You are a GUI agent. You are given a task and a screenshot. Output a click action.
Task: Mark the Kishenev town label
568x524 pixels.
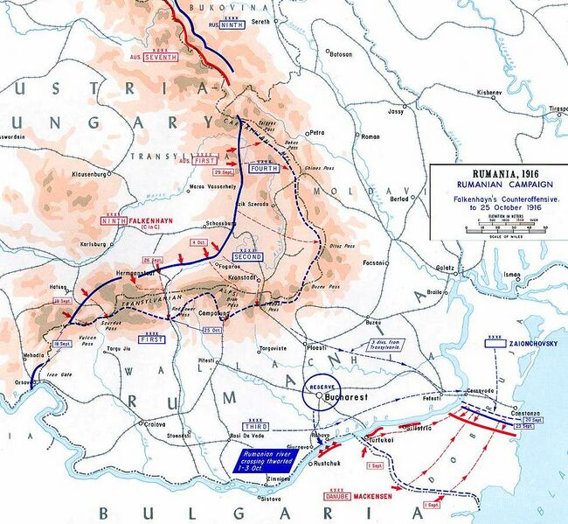click(488, 92)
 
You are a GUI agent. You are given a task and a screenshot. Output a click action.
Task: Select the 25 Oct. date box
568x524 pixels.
click(212, 330)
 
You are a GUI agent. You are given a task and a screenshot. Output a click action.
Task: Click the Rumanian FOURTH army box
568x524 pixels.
click(263, 167)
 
